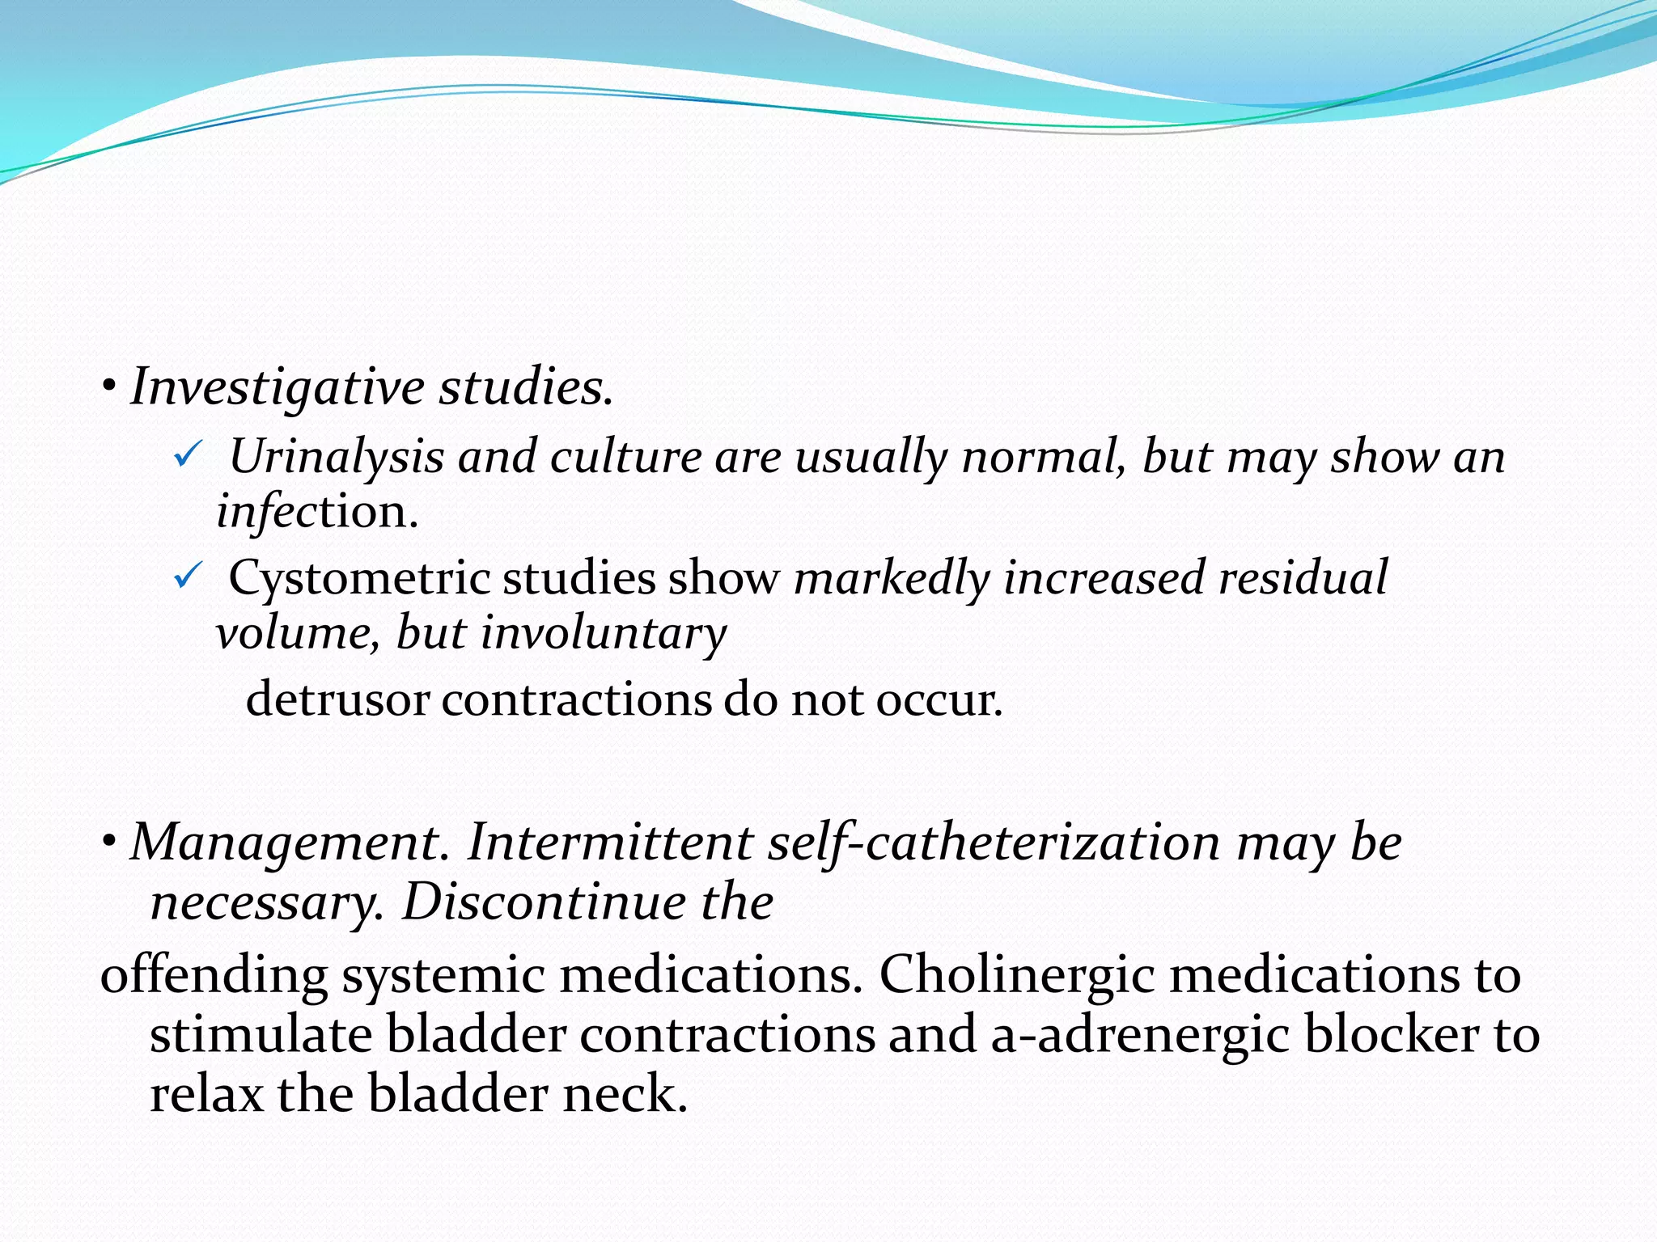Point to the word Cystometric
pos(359,578)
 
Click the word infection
pos(316,512)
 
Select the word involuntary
pos(604,633)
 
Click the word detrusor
pos(337,699)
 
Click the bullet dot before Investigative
pos(108,387)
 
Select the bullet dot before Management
pos(108,843)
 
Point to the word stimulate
pos(259,1035)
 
